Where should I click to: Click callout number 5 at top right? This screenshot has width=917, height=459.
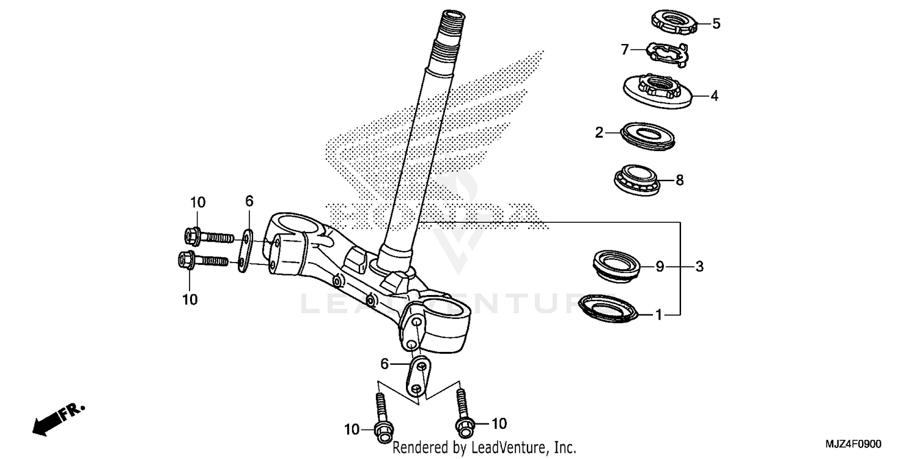point(716,24)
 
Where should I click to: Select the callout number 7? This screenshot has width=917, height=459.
point(625,50)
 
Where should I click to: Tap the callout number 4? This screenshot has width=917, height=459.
point(713,96)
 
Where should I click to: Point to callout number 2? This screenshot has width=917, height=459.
point(599,132)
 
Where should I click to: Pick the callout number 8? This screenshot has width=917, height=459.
point(679,180)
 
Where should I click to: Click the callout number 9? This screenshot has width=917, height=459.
point(660,266)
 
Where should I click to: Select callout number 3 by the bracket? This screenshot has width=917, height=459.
point(699,266)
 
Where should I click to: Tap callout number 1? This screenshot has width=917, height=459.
point(659,315)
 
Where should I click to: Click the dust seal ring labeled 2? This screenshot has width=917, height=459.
point(649,136)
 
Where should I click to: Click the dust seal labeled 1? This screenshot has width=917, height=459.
point(608,308)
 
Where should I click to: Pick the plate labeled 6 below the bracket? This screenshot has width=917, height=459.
point(418,376)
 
